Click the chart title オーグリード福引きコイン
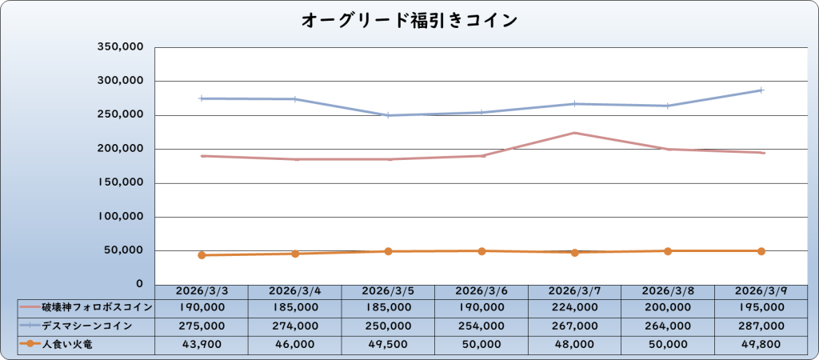(x=409, y=20)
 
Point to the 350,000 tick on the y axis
(x=119, y=47)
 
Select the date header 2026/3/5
(x=388, y=291)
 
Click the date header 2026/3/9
(x=761, y=291)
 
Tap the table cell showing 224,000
(x=574, y=307)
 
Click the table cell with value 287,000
(x=761, y=326)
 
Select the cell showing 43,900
(x=202, y=344)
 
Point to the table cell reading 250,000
(x=388, y=326)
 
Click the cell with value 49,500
(x=388, y=344)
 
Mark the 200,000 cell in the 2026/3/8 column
(x=668, y=307)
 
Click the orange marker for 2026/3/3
(x=202, y=255)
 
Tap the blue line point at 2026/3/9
(x=761, y=90)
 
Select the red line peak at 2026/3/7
(x=574, y=133)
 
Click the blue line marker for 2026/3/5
(x=388, y=115)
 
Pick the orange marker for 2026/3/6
(x=481, y=251)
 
